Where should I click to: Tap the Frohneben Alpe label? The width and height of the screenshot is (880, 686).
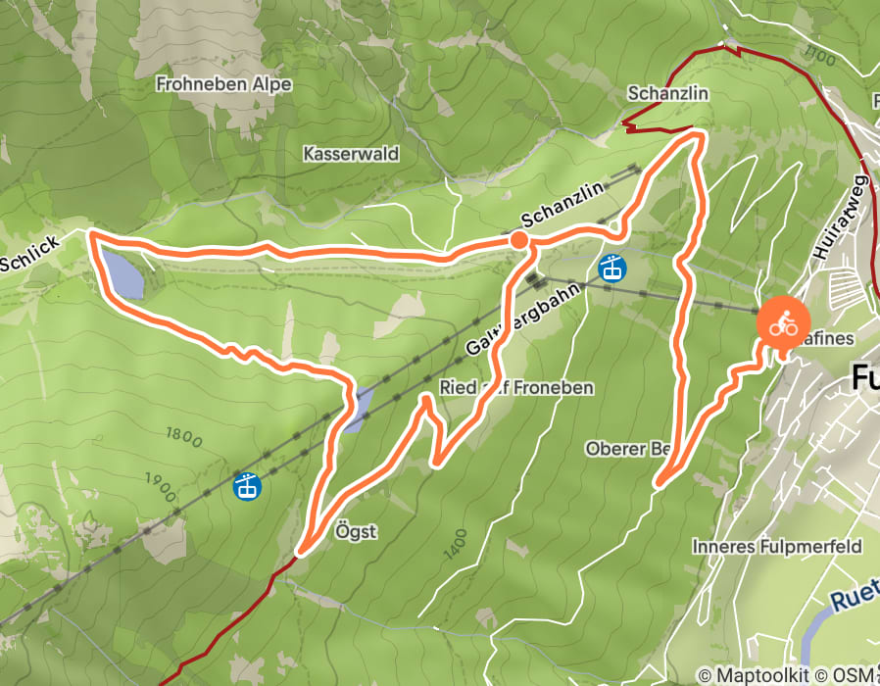click(x=223, y=84)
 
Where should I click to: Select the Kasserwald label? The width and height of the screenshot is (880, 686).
click(x=351, y=154)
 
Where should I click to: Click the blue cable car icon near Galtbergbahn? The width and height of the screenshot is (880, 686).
click(x=612, y=268)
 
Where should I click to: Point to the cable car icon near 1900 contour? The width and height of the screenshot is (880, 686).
click(x=246, y=484)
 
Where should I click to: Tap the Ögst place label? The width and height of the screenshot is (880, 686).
click(x=355, y=531)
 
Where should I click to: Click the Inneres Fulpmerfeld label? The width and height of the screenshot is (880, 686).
click(x=776, y=546)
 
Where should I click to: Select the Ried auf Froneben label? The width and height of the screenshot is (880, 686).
click(x=516, y=387)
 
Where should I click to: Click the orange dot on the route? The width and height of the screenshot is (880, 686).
click(x=519, y=240)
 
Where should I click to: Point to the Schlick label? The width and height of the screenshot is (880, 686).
click(x=29, y=254)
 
